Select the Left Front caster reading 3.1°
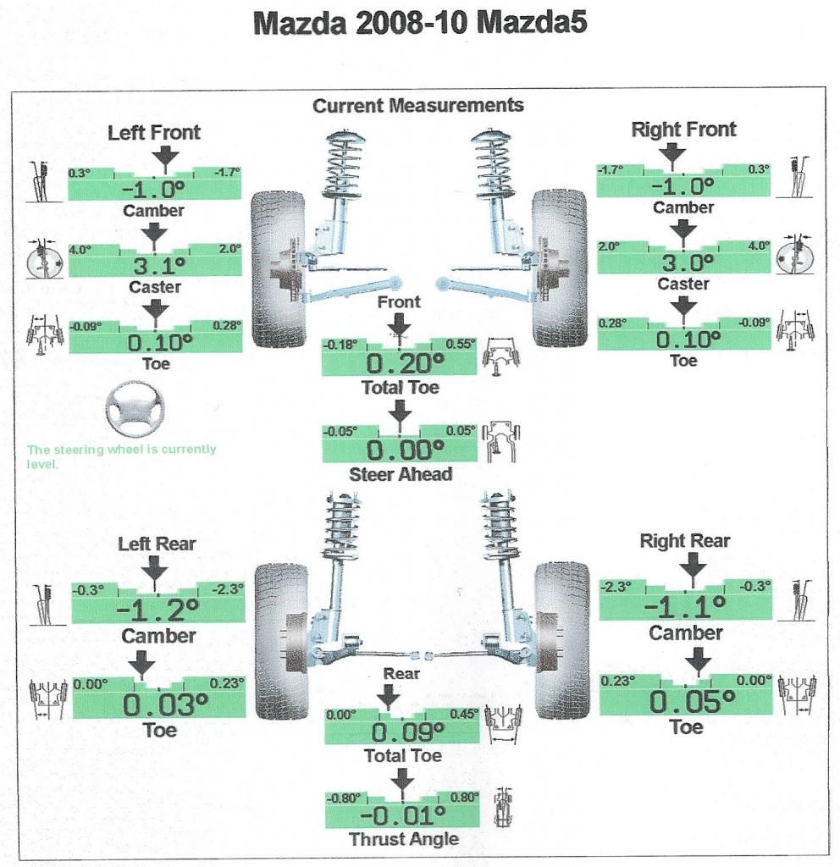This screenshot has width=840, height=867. pyautogui.click(x=155, y=268)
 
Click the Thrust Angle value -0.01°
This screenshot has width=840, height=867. pyautogui.click(x=401, y=817)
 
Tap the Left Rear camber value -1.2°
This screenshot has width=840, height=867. pyautogui.click(x=157, y=610)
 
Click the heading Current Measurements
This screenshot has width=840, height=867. pyautogui.click(x=418, y=106)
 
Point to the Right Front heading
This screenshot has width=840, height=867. pyautogui.click(x=684, y=130)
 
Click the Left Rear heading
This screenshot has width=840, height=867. pyautogui.click(x=157, y=544)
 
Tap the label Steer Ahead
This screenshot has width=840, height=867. pyautogui.click(x=401, y=475)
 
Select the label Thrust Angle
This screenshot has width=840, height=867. pyautogui.click(x=404, y=839)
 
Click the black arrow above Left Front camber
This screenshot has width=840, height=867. pyautogui.click(x=163, y=155)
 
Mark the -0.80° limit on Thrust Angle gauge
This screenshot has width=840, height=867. pyautogui.click(x=344, y=798)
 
